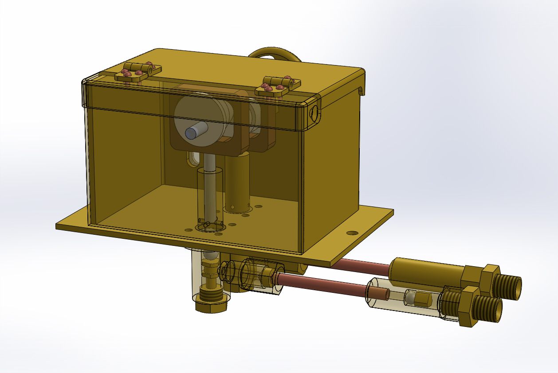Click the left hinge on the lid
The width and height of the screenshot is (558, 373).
coord(138,72)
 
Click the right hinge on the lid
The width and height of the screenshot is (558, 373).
coord(278,85)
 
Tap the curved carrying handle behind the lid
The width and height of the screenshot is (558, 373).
coord(275,53)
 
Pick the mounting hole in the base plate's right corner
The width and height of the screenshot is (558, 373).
coord(352,233)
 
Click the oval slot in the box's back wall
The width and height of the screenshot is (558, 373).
coord(194,157)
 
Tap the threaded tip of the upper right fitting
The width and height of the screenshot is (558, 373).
coord(509,287)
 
